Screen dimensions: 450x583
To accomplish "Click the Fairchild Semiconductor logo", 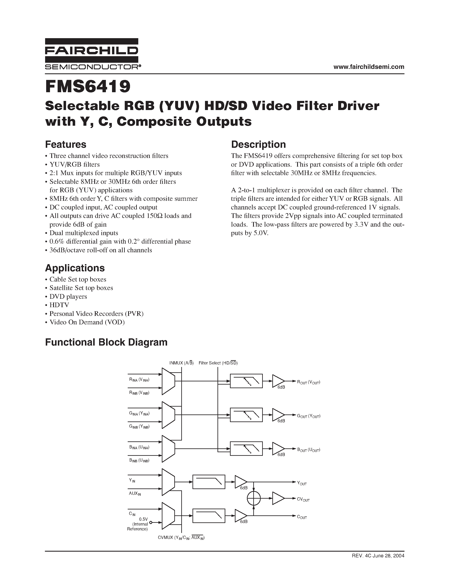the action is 92,54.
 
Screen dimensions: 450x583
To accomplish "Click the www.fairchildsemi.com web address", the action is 369,67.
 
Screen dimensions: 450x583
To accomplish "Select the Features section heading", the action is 66,144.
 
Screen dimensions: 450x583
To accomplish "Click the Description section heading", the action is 258,144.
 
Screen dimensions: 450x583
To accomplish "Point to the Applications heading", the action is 75,268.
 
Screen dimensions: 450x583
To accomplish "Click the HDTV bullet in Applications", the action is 59,305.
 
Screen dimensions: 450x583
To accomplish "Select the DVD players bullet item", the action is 68,296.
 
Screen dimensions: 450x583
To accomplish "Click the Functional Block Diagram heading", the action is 106,342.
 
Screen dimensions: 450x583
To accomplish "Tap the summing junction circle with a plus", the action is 253,498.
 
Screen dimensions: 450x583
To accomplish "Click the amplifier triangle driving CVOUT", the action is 278,498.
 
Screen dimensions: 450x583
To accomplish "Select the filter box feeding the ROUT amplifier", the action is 246,381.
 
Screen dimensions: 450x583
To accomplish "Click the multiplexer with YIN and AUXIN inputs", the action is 168,482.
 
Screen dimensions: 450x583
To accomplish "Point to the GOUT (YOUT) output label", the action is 309,416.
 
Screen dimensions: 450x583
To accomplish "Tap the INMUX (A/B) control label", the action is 181,363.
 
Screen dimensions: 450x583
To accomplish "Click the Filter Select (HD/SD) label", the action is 218,363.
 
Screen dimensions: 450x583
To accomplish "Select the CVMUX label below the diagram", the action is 181,538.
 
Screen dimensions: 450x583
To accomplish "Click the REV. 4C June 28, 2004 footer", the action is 378,556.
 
